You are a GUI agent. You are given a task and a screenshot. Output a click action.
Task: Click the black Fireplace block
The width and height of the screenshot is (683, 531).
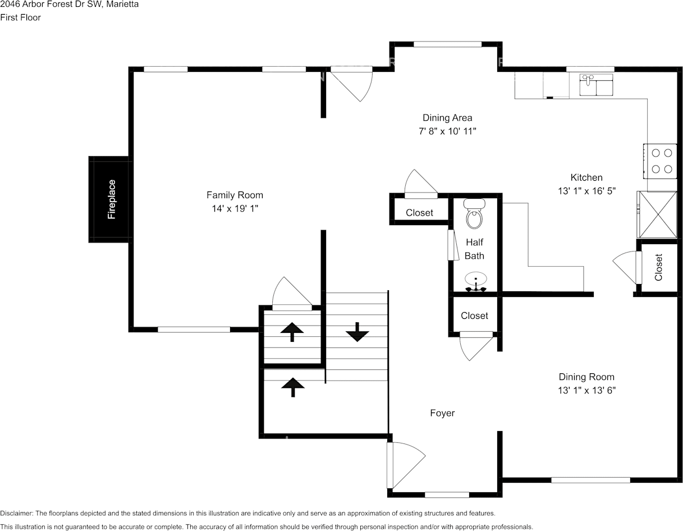(x=110, y=199)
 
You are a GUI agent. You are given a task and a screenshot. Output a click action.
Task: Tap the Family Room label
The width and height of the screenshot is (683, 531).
(x=235, y=195)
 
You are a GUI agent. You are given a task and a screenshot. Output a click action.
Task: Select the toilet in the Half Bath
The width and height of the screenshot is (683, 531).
(x=475, y=214)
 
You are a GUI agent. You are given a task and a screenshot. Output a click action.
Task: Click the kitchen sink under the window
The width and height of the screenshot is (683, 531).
(x=596, y=85)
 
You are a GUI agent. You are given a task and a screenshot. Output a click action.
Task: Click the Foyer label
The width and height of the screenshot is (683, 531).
(x=442, y=413)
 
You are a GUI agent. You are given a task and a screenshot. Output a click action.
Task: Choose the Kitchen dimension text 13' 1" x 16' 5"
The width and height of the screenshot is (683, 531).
(x=586, y=191)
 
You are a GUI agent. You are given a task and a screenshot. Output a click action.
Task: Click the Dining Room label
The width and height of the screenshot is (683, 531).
(x=586, y=377)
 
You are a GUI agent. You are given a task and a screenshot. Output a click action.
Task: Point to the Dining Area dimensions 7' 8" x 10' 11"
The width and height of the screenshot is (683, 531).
(x=447, y=131)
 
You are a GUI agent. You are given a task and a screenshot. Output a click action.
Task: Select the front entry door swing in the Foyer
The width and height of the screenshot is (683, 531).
(x=405, y=464)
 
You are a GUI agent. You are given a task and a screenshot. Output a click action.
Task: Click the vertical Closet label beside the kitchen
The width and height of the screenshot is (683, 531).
(x=659, y=267)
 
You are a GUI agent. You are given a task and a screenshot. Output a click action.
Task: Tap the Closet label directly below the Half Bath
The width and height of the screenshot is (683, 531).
(x=474, y=316)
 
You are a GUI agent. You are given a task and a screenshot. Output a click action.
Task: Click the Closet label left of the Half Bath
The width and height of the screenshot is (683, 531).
(x=419, y=213)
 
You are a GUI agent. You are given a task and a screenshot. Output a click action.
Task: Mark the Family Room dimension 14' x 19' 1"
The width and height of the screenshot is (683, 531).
(x=235, y=208)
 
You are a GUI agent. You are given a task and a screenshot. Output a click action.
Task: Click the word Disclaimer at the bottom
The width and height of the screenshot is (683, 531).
(x=16, y=513)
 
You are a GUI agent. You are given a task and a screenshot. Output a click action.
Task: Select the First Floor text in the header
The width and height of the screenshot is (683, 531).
(x=20, y=17)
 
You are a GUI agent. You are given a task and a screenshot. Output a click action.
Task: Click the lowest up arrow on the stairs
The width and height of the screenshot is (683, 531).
(x=292, y=387)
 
